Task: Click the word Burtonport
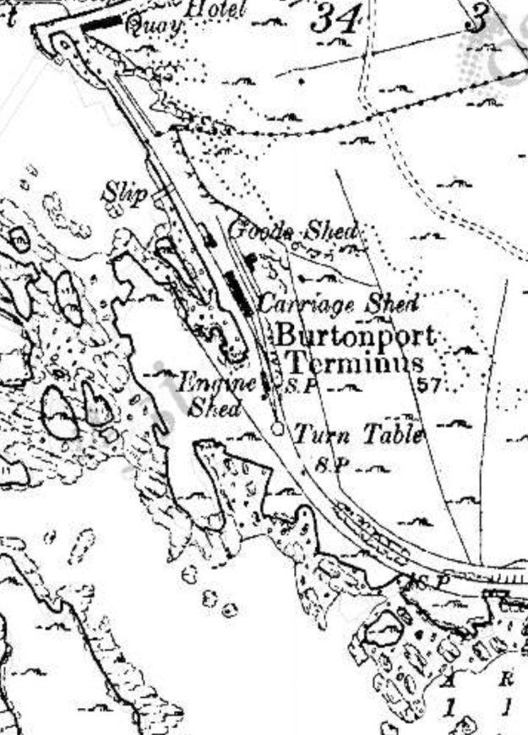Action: [357, 335]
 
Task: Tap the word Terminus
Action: [355, 364]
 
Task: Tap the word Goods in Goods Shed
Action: [262, 230]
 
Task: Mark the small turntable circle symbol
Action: [277, 429]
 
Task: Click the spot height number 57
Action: [430, 385]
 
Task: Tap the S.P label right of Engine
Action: [292, 387]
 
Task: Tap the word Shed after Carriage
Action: [392, 302]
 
